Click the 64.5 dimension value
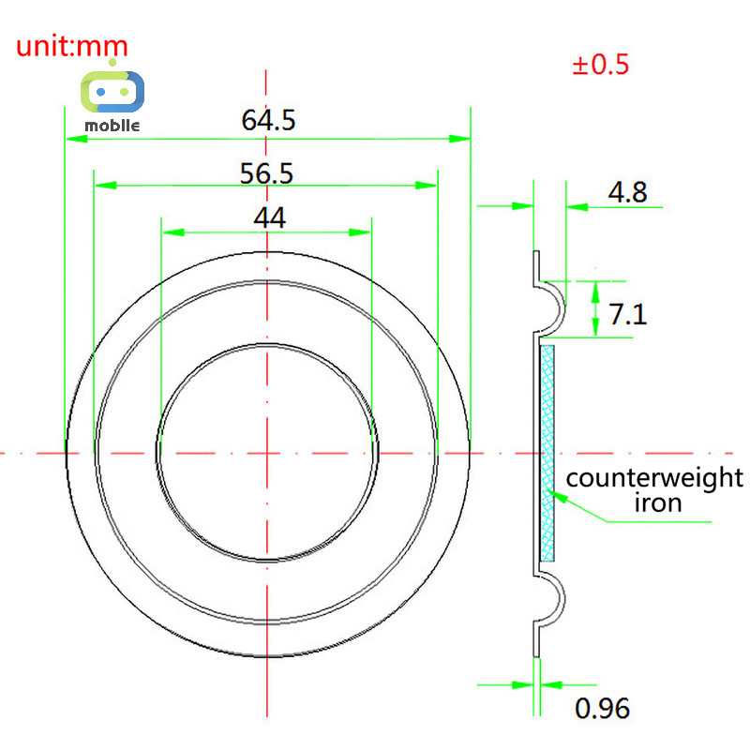point(268,120)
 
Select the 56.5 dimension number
point(266,173)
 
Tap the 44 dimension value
point(270,218)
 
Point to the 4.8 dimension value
point(627,192)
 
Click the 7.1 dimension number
point(628,314)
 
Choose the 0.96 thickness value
point(602,709)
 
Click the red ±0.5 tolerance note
point(601,64)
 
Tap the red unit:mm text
point(72,46)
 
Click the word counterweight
point(654,478)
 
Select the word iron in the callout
point(658,502)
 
